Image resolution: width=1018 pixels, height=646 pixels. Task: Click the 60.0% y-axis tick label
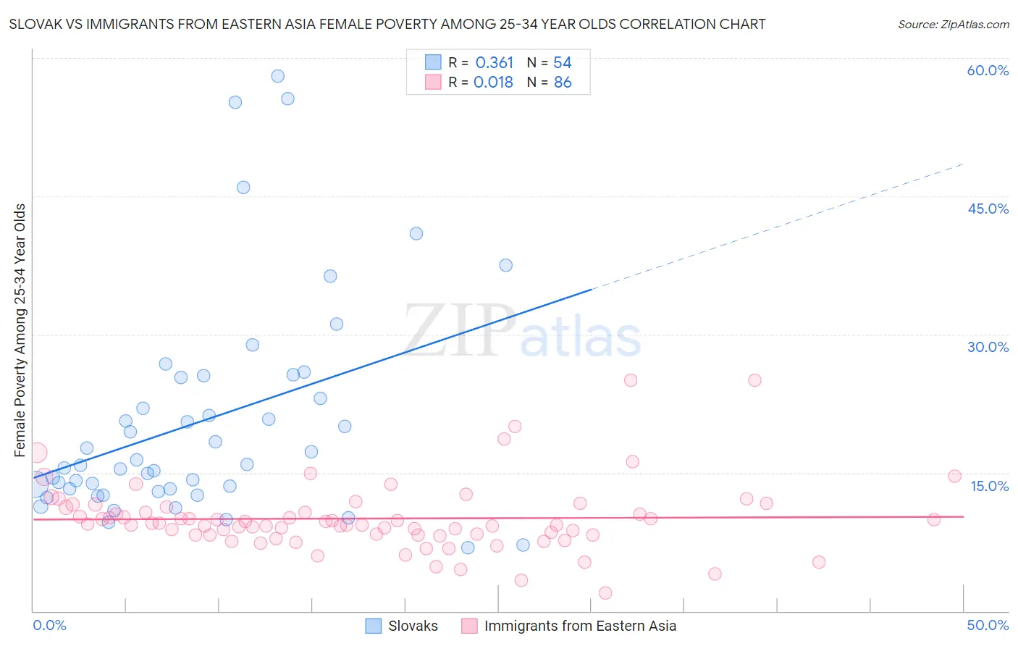pos(988,70)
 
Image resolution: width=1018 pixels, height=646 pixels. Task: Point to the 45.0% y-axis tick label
pos(988,209)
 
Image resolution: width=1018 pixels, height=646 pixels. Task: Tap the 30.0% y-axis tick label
pos(988,347)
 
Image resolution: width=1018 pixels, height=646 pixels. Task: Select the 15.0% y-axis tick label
pos(989,486)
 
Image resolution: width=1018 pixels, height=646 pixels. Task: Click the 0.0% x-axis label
pos(49,625)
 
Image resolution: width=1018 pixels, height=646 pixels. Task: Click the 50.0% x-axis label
pos(988,625)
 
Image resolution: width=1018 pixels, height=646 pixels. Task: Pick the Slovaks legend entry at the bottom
pos(413,626)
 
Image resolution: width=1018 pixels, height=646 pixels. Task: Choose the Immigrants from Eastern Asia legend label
pos(579,626)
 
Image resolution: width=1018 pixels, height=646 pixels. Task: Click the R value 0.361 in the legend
pos(494,63)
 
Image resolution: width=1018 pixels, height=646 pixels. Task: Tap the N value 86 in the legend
pos(563,83)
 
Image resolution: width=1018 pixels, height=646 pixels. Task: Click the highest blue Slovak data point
pos(277,76)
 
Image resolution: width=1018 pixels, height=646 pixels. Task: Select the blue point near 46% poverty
pos(243,188)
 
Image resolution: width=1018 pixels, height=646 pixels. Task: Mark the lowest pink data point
pos(605,593)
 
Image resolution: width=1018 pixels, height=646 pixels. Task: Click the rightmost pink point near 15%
pos(954,476)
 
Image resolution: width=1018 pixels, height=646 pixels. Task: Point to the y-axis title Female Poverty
pos(20,330)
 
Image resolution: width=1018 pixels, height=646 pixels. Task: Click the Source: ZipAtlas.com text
pos(953,25)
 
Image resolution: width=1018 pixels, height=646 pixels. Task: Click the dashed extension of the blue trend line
pos(782,225)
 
